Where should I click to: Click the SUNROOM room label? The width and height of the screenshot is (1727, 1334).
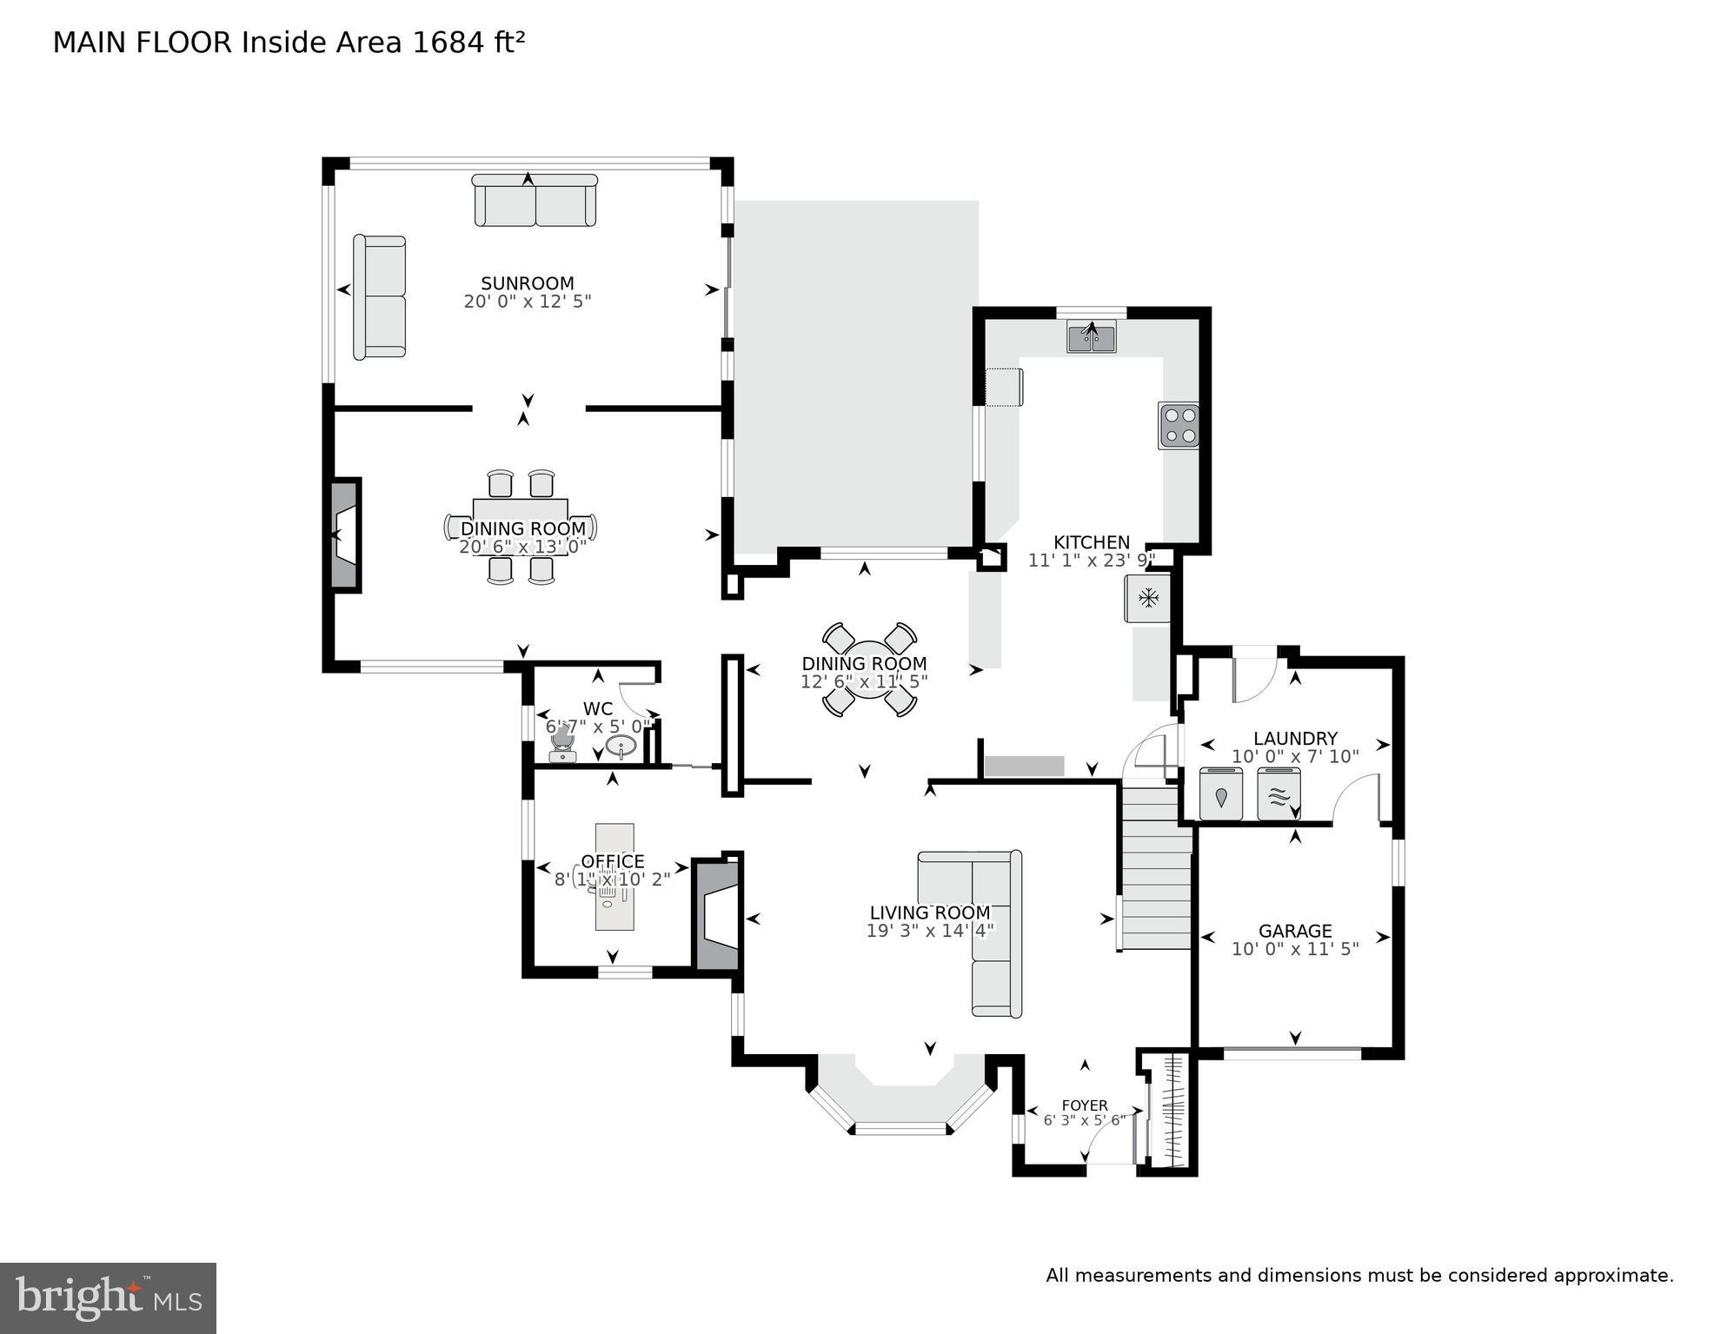coord(528,283)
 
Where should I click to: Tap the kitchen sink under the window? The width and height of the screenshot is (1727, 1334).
coord(1092,336)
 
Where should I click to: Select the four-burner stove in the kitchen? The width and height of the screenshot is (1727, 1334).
coord(1178,426)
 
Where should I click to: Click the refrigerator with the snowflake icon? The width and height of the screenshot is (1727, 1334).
coord(1148,598)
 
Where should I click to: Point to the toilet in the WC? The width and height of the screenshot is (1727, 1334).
coord(562,744)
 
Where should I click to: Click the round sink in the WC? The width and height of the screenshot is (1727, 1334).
coord(621,747)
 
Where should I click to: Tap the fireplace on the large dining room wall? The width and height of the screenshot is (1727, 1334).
coord(345,535)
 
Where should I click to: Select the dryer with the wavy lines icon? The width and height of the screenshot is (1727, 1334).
coord(1278,794)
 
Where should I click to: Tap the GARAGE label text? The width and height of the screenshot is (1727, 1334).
coord(1295,931)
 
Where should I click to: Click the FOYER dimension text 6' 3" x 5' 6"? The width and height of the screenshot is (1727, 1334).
coord(1084,1120)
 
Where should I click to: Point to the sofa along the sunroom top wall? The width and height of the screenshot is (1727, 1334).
coord(535,201)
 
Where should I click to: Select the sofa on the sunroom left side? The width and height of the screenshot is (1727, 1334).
coord(380,297)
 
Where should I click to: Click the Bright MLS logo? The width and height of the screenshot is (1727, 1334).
coord(108,1298)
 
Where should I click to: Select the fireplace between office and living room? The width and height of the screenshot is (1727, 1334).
coord(718,914)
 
